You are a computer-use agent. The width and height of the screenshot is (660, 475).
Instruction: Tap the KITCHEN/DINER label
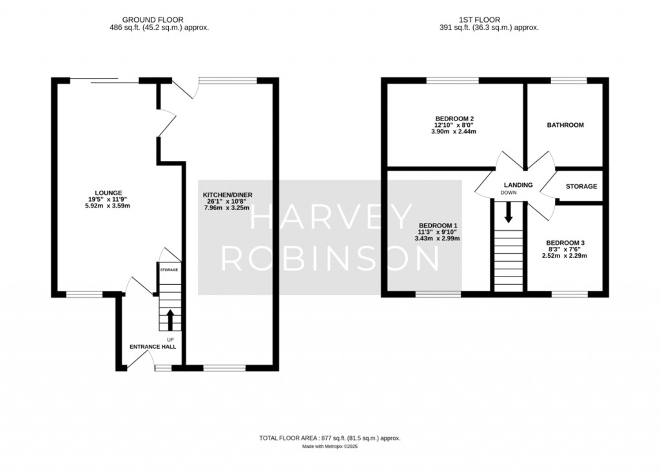(x=228, y=195)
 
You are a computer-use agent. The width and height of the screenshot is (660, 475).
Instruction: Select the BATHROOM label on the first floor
(x=565, y=125)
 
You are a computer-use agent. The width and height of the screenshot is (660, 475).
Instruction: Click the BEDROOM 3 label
(x=565, y=243)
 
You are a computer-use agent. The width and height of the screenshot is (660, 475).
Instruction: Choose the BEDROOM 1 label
(x=438, y=226)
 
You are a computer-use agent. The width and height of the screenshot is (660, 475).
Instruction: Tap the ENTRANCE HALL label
(x=153, y=347)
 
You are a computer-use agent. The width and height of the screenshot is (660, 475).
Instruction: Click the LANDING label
(x=519, y=185)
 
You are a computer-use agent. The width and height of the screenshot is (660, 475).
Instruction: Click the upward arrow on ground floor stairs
(x=170, y=320)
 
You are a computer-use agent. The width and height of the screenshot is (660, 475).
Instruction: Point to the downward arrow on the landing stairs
(x=509, y=212)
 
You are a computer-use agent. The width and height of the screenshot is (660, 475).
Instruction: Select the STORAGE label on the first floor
(x=581, y=186)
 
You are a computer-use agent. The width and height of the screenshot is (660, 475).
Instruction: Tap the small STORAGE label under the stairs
(x=169, y=269)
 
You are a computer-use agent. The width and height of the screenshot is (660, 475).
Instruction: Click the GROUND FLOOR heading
(x=153, y=20)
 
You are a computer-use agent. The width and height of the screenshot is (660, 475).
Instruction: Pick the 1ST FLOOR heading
(x=480, y=20)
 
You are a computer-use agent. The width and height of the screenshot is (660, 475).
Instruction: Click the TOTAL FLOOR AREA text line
(x=330, y=438)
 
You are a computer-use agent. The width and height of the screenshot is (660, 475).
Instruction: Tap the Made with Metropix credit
(x=330, y=447)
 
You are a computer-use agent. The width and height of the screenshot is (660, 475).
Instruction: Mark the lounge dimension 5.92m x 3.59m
(x=108, y=206)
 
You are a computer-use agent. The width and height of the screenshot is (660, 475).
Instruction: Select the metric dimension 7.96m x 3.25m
(x=227, y=208)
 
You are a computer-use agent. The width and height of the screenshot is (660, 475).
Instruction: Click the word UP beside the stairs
(x=170, y=340)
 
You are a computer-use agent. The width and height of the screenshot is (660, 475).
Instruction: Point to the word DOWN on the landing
(x=509, y=193)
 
